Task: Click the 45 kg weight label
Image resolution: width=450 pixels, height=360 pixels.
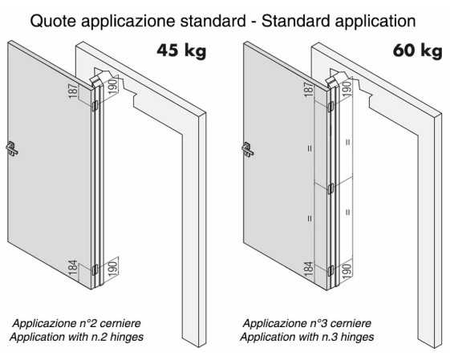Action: (x=181, y=51)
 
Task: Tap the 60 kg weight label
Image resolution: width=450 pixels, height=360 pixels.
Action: (x=417, y=51)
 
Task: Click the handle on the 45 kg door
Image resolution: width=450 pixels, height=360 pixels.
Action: (x=12, y=148)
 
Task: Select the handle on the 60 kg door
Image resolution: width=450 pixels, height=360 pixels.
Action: (x=248, y=149)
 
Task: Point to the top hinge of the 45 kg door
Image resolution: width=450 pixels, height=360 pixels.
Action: (x=95, y=106)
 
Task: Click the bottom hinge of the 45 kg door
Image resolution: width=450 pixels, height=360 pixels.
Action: (x=95, y=269)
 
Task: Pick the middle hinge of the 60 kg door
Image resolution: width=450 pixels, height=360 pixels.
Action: (x=330, y=188)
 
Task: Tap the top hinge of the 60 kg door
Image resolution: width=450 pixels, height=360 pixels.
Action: (x=330, y=107)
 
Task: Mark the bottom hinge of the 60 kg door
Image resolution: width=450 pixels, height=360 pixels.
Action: (x=330, y=270)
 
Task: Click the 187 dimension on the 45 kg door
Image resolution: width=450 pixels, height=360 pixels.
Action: (x=73, y=91)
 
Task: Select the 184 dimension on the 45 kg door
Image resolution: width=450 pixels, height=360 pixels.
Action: (x=73, y=268)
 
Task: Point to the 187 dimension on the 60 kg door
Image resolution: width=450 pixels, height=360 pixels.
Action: (x=309, y=90)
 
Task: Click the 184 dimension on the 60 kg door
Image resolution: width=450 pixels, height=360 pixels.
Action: (x=309, y=269)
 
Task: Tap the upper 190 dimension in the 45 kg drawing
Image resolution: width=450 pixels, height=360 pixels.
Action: (x=113, y=86)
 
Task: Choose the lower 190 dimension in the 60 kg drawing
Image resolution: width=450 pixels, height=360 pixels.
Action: (x=347, y=272)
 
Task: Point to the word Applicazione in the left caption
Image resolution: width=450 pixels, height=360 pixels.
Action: (x=44, y=324)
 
